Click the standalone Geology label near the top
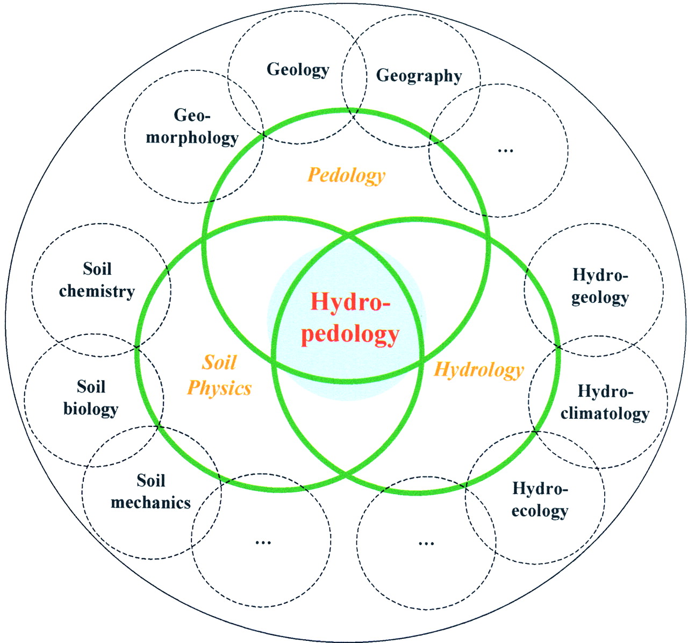coord(298,69)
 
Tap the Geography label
coord(419,75)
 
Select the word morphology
coord(192,138)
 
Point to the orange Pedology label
coord(347,175)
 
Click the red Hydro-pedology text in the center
coord(350,318)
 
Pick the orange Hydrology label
coord(478,370)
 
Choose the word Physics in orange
coord(219,388)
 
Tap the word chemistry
coord(97,291)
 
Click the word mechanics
coord(150,503)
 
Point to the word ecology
coord(540,511)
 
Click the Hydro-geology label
coord(600,286)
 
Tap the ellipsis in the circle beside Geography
coord(506,150)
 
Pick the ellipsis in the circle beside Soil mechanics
coord(263,542)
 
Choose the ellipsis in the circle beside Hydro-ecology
coord(426,543)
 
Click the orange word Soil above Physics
coord(219,363)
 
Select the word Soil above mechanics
coord(151,480)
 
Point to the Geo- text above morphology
coord(192,115)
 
